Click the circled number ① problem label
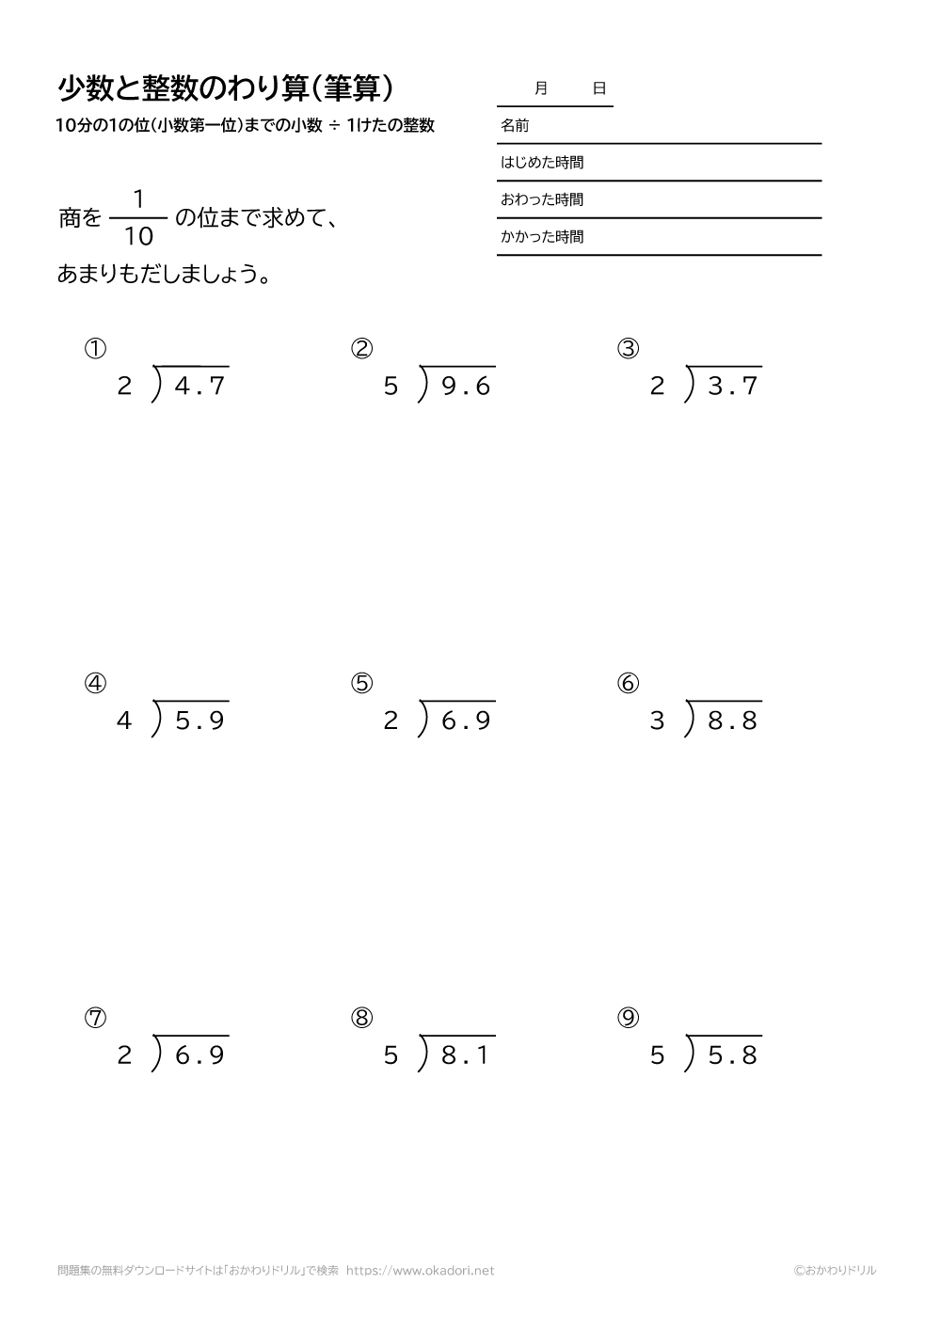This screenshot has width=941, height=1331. point(95,349)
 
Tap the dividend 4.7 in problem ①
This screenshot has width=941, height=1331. point(199,387)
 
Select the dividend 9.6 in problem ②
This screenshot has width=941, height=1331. point(466,387)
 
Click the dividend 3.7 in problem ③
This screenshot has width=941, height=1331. point(732,387)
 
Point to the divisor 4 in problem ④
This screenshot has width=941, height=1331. point(124,721)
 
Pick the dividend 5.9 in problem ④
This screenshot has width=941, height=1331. point(199,721)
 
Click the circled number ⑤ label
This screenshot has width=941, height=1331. point(362,684)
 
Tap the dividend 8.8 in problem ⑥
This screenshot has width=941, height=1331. point(732,721)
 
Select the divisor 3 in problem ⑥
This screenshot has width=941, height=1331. point(657,721)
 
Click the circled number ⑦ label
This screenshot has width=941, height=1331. point(95,1018)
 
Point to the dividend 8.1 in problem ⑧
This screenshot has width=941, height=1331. point(466,1055)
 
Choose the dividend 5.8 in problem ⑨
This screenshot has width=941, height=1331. point(732,1055)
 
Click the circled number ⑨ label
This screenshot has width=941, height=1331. point(629,1018)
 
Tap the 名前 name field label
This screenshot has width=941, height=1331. point(515,125)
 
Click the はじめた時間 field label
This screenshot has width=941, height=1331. point(542,163)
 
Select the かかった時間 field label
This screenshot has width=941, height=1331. point(542,237)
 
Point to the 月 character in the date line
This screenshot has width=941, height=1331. point(540,88)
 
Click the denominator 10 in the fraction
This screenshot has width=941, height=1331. point(138,237)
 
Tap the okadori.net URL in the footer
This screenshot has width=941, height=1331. point(420,1270)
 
